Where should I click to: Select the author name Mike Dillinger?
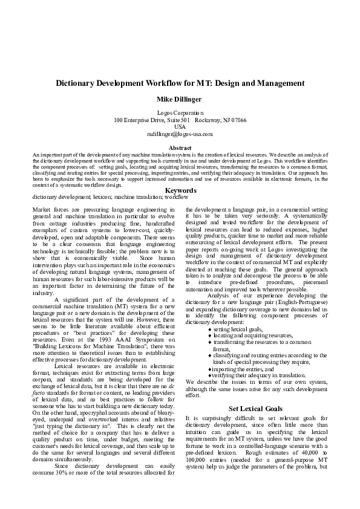pyautogui.click(x=180, y=99)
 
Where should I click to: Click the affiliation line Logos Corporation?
pyautogui.click(x=180, y=113)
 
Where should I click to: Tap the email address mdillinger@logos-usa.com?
pyautogui.click(x=180, y=134)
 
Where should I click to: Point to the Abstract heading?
pyautogui.click(x=180, y=148)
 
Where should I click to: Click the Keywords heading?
pyautogui.click(x=180, y=190)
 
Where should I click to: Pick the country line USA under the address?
pyautogui.click(x=180, y=127)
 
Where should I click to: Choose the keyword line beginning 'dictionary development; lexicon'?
pyautogui.click(x=110, y=197)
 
